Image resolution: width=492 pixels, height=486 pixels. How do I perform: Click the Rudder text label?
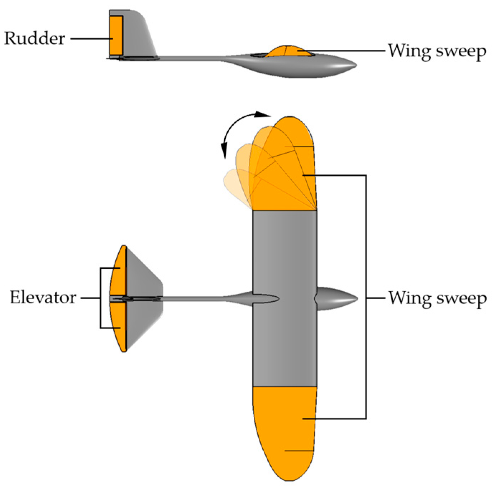pyautogui.click(x=35, y=38)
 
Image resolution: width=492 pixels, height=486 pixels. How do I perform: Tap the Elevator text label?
pyautogui.click(x=43, y=297)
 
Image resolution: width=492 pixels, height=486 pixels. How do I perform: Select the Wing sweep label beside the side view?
pyautogui.click(x=437, y=51)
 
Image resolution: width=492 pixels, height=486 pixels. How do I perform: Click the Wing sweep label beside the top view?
pyautogui.click(x=438, y=298)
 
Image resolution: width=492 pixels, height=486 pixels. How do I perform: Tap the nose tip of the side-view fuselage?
pyautogui.click(x=354, y=65)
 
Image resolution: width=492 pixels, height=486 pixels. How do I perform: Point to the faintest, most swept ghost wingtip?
pyautogui.click(x=233, y=183)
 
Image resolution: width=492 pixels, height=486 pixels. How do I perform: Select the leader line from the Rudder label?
pyautogui.click(x=90, y=38)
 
